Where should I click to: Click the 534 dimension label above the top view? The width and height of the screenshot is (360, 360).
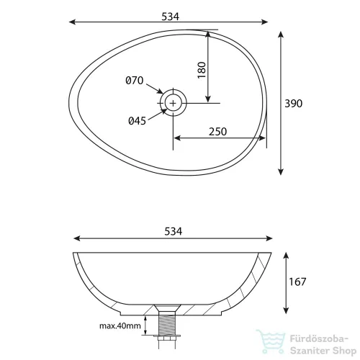click(x=170, y=17)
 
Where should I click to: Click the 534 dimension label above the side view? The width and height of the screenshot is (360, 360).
click(x=174, y=231)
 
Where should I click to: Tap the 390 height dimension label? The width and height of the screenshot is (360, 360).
click(x=293, y=104)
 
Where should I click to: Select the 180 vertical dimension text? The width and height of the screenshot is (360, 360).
click(x=202, y=70)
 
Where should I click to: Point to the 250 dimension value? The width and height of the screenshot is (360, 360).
click(x=217, y=132)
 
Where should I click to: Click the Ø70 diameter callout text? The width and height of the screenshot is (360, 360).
click(x=135, y=81)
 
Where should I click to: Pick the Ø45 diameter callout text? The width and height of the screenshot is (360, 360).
click(x=137, y=121)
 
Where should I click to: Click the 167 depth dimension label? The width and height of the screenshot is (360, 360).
click(x=297, y=282)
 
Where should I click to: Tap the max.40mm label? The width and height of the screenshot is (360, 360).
click(x=120, y=325)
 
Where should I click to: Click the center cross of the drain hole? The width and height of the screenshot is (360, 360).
click(x=173, y=103)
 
